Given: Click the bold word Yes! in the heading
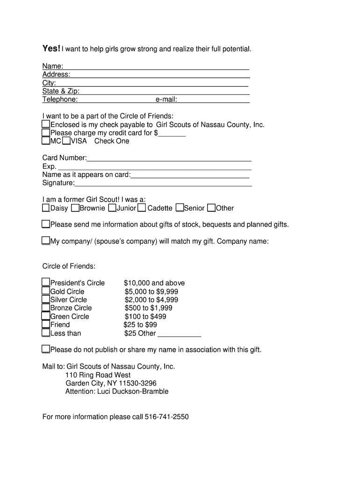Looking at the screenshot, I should [x=51, y=49].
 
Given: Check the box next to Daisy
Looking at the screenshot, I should [x=46, y=208].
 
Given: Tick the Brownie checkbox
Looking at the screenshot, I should [x=75, y=208].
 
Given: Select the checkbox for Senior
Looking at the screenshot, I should [x=180, y=208].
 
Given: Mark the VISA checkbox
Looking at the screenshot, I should [x=66, y=140].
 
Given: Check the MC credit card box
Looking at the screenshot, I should [x=46, y=140].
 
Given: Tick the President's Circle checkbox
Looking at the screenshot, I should [x=46, y=282].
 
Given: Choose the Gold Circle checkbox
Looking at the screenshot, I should [x=46, y=291].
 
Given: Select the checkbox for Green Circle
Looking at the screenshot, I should [x=46, y=316].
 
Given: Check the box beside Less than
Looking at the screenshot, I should [x=46, y=333].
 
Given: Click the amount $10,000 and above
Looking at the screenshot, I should [x=154, y=283].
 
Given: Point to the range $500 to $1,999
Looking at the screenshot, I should [x=148, y=308].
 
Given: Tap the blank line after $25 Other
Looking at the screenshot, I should [x=180, y=334].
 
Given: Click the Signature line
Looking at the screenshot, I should [x=163, y=183].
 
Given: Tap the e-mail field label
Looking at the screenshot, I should [x=166, y=100].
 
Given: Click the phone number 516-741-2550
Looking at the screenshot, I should [x=167, y=417].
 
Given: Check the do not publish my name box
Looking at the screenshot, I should [x=46, y=349].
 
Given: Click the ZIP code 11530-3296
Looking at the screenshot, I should [x=135, y=383].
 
